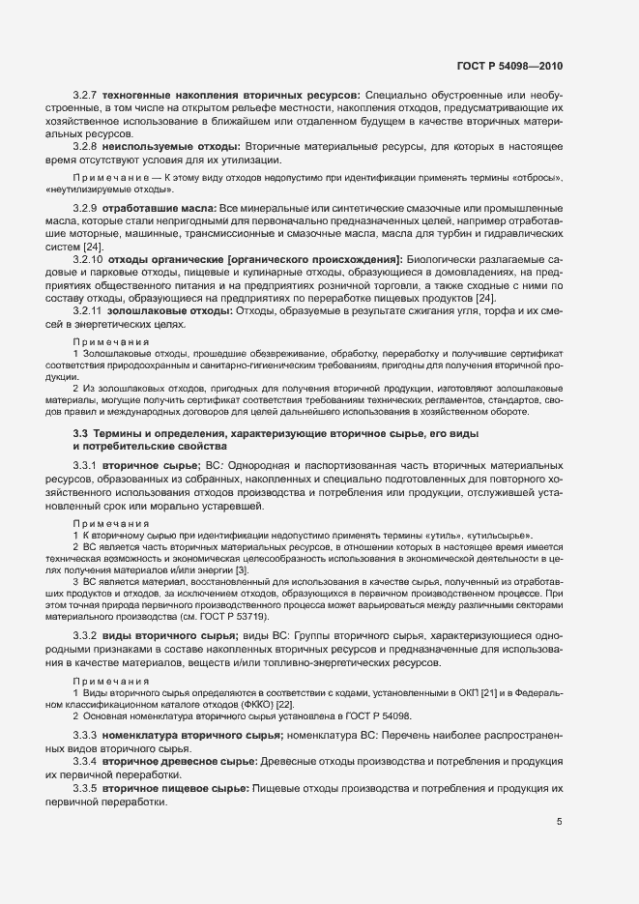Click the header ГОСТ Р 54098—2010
pyautogui.click(x=508, y=66)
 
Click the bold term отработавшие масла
pyautogui.click(x=160, y=209)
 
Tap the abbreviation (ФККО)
pyautogui.click(x=226, y=705)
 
